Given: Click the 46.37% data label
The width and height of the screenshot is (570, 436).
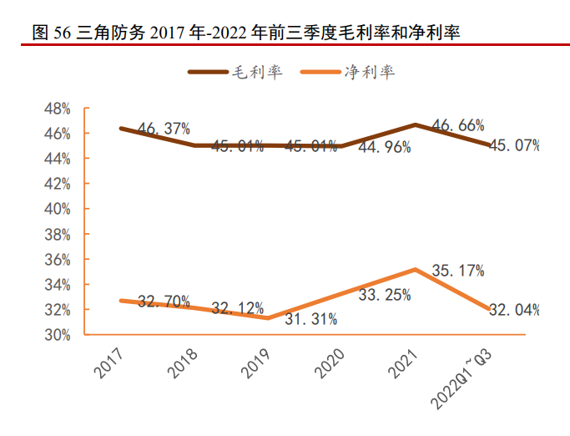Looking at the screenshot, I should point(164,129).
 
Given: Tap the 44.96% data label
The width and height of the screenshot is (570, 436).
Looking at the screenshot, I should point(384,147).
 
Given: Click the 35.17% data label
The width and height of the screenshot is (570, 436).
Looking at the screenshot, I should point(458,271).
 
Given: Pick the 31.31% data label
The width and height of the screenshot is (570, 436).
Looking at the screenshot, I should point(310,318).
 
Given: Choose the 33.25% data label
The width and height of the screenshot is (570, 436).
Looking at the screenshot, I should point(384,294).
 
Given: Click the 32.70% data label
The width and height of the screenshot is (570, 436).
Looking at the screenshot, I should point(164,301).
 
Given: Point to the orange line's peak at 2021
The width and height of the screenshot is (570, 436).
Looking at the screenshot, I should point(415,269).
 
